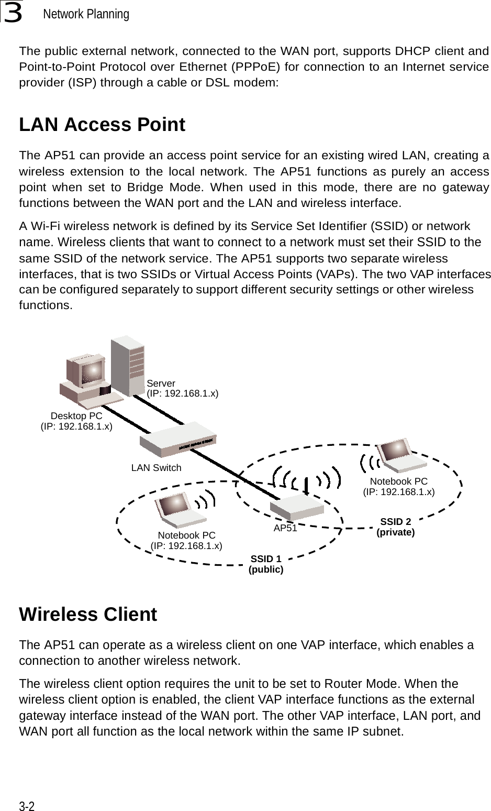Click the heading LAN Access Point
[102, 125]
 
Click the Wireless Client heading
[88, 615]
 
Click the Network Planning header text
[86, 14]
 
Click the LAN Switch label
[156, 468]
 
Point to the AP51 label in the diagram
[285, 529]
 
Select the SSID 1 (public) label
[266, 564]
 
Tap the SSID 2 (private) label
[396, 527]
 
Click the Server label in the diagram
[161, 383]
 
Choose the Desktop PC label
[76, 416]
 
